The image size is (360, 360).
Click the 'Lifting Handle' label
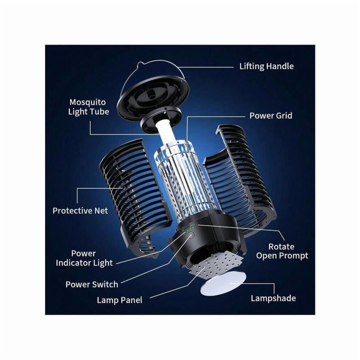266,66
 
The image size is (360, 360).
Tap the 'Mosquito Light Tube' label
88,107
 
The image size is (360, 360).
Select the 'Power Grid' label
271,116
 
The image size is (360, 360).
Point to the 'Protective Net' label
80,211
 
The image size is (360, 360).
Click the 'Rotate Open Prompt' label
282,251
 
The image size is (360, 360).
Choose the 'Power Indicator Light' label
84,258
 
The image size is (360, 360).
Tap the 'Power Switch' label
92,284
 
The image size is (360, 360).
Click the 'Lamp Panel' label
119,300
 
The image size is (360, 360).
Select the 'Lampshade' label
273,298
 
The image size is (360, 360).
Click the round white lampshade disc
223,284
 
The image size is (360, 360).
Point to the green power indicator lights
189,229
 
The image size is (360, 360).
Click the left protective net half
131,195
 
